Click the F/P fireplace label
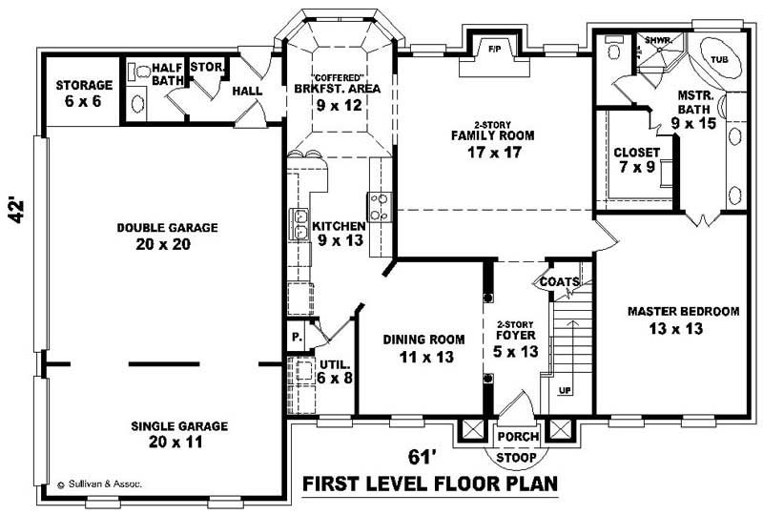[x=494, y=48]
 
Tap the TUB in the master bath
[x=720, y=59]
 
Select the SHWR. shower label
[x=658, y=41]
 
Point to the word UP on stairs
[x=566, y=391]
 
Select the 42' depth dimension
[x=16, y=209]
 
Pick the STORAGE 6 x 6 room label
[x=84, y=93]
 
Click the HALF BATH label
[x=167, y=74]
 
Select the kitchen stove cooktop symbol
[x=378, y=206]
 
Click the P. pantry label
[x=296, y=338]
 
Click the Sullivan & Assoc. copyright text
[x=99, y=484]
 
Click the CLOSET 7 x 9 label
[x=635, y=160]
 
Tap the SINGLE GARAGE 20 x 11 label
[x=167, y=434]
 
